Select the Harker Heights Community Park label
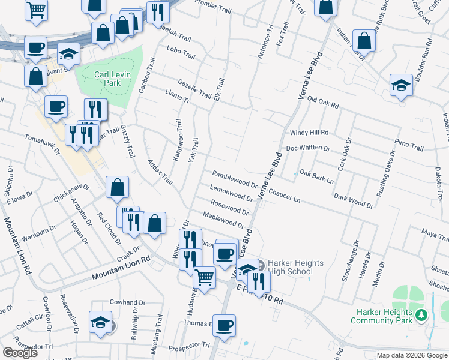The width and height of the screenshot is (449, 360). (384, 316)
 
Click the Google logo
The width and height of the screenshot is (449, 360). (20, 352)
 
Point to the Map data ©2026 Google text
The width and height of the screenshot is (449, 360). (412, 355)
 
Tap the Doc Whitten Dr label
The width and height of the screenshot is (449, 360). (308, 148)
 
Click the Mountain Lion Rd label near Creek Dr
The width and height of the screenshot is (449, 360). (121, 268)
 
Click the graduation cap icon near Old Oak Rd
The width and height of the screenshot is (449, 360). (400, 85)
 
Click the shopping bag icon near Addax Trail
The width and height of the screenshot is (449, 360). (117, 187)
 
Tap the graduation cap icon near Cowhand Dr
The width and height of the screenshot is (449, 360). (100, 322)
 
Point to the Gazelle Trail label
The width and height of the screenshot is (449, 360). (194, 89)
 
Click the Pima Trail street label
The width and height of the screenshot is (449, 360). (409, 145)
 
